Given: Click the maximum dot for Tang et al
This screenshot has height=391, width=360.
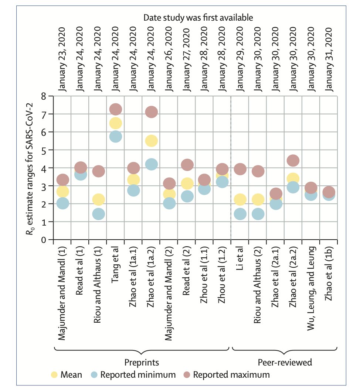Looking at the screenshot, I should point(116,109).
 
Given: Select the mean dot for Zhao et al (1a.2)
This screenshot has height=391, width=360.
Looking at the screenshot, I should point(151,140).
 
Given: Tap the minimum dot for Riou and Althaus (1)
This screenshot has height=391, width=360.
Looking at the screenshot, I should point(98,214).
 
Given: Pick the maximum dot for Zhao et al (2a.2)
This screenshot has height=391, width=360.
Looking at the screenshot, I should point(293,161).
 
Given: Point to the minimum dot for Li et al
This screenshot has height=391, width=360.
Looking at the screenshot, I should point(240,214).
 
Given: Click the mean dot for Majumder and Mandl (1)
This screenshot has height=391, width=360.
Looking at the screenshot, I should point(63,191).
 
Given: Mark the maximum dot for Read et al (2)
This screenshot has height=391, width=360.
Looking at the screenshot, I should point(187,165).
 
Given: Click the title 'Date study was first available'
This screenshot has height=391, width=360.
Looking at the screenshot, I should point(198,17).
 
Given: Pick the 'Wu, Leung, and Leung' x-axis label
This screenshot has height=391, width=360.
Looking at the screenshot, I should point(311,281).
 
